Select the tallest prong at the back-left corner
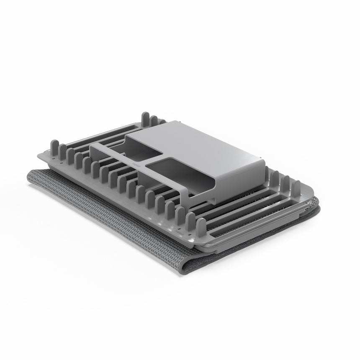(145, 119)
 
